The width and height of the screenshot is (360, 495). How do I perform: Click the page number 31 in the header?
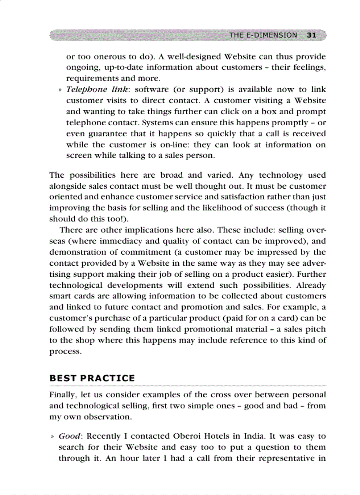(x=311, y=35)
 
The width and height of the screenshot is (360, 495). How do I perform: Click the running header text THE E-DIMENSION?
(x=263, y=35)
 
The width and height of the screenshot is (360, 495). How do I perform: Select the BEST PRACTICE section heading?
(x=92, y=378)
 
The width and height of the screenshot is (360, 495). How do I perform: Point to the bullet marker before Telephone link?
(x=60, y=90)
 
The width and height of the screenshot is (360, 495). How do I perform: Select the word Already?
(x=311, y=285)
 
